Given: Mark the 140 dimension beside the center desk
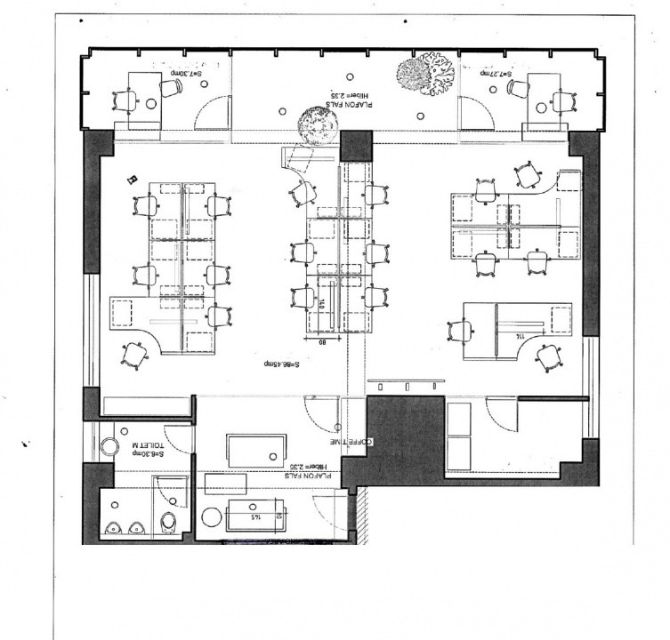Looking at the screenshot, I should [x=319, y=305].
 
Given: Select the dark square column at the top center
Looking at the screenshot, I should [x=356, y=145].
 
